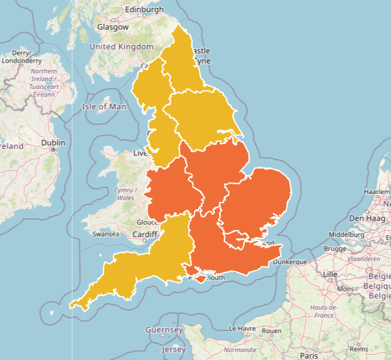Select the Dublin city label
point(53,142)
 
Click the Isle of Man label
point(104,106)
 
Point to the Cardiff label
point(145,235)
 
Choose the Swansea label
point(104,233)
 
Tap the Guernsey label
point(164,330)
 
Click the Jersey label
point(174,350)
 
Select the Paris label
point(308,355)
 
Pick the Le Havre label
point(243,329)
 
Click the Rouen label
point(271,331)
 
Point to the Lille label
point(330,274)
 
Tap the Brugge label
point(336,249)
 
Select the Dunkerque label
point(290,261)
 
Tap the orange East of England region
point(258,203)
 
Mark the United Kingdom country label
point(121,47)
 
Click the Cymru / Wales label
point(125,193)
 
